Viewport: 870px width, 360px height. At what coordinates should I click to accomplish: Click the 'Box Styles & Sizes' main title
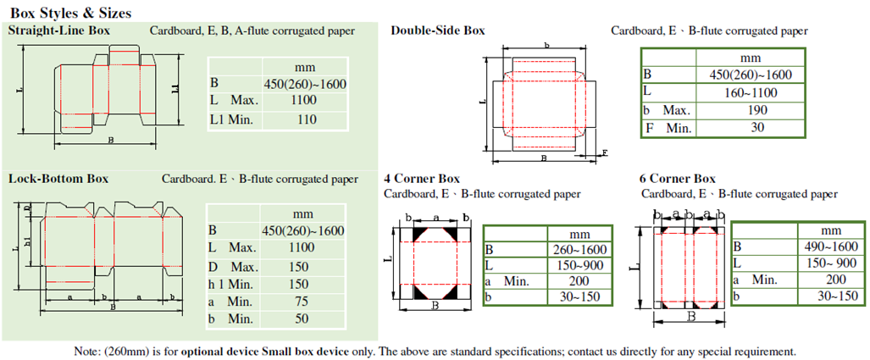[x=69, y=14]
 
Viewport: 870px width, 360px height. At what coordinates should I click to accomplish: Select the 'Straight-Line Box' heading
[x=59, y=31]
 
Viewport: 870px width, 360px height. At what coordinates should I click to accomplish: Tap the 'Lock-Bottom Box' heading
[x=58, y=179]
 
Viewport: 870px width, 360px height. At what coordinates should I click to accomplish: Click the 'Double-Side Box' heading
[x=437, y=30]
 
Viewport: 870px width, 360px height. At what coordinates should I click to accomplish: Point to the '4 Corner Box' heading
[x=421, y=179]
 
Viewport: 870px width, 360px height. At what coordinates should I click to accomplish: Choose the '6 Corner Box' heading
[x=678, y=179]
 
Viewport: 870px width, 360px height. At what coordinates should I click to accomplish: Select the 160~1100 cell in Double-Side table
[x=749, y=91]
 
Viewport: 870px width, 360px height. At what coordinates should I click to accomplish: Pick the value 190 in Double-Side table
[x=749, y=110]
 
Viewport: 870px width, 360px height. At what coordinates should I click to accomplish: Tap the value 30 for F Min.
[x=749, y=128]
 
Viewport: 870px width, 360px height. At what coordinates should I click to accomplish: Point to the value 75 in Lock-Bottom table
[x=302, y=302]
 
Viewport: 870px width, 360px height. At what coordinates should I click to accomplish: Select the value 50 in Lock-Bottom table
[x=302, y=319]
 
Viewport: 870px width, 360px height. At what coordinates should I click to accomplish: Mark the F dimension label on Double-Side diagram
[x=604, y=152]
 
